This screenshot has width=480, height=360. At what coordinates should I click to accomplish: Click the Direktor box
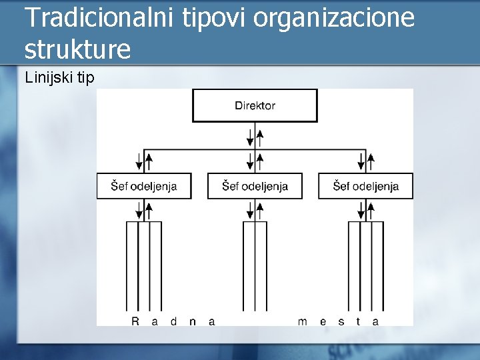255,105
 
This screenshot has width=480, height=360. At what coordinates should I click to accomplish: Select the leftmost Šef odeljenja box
144,186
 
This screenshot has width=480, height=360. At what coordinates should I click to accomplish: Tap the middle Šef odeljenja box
255,186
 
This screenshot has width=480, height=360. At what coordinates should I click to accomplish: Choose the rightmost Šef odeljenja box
366,186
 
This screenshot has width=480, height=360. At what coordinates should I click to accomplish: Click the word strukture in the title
77,49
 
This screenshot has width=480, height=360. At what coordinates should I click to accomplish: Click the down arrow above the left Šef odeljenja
139,161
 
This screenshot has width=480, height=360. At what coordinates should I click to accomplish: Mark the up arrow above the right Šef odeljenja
371,161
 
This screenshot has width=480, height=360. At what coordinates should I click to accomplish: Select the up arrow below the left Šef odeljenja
149,211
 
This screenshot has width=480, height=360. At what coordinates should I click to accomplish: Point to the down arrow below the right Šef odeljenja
361,211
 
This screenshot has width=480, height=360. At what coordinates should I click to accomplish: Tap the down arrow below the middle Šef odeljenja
250,211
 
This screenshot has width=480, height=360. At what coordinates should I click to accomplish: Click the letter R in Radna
135,321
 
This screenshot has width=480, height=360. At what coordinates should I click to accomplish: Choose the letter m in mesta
302,321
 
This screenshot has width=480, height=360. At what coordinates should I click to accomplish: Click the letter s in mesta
341,321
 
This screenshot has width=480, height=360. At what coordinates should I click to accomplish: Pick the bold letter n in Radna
193,321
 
